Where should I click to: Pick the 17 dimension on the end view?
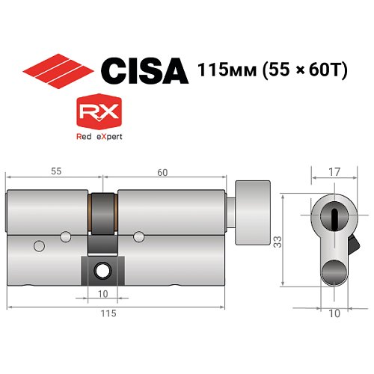334,171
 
